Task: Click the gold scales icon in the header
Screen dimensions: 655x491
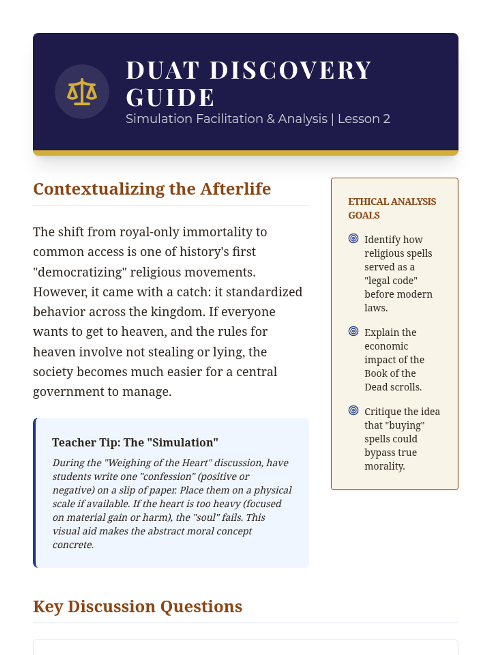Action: tap(82, 92)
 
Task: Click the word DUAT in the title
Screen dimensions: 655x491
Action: tap(162, 70)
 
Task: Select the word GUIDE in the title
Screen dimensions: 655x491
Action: tap(170, 97)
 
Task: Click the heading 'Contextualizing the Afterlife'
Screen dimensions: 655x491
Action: tap(152, 189)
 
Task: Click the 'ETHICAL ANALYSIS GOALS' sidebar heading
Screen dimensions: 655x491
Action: tap(392, 208)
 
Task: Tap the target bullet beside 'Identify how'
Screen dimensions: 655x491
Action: tap(354, 239)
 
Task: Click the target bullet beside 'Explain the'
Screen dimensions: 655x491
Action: tap(354, 331)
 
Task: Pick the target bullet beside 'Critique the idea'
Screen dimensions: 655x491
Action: tap(354, 411)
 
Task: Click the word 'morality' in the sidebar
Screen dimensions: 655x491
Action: tap(384, 466)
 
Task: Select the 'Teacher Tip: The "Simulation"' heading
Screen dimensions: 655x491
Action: tap(135, 443)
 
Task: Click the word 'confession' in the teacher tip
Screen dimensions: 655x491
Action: tap(172, 477)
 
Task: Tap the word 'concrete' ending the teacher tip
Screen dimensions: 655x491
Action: tap(72, 545)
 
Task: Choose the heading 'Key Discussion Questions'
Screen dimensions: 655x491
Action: tap(137, 607)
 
